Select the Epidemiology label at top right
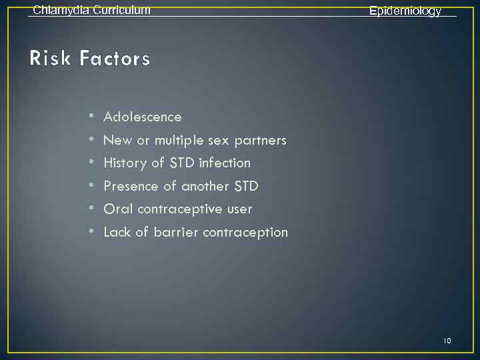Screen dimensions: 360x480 pos(405,11)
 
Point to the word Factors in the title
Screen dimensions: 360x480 pos(115,59)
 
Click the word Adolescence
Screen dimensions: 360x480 pos(143,117)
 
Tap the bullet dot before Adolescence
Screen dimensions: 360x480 pos(91,117)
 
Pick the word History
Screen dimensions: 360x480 pos(126,163)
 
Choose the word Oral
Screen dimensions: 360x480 pos(117,209)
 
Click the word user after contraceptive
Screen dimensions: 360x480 pos(239,209)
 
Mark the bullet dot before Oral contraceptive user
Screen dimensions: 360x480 pos(91,209)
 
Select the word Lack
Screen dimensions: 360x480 pos(117,233)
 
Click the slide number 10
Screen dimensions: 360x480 pos(447,341)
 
